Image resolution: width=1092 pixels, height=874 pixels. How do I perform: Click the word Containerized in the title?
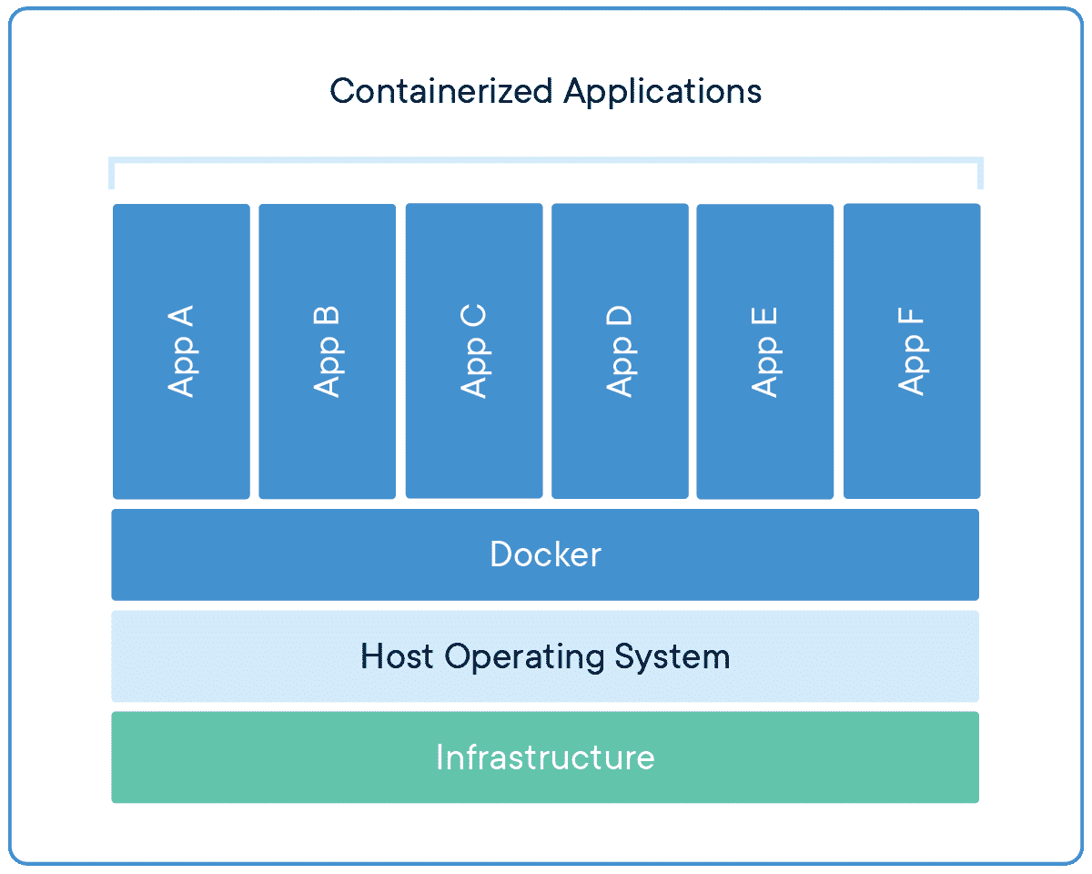(442, 91)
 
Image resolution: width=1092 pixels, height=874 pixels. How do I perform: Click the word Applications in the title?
(662, 91)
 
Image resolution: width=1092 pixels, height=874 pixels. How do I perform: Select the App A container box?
(181, 351)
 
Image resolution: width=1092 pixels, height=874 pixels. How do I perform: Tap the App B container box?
(327, 351)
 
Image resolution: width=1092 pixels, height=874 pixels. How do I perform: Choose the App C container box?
(473, 351)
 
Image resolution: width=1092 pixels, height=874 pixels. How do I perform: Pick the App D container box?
(620, 351)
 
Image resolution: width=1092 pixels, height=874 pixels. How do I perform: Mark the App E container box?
(764, 351)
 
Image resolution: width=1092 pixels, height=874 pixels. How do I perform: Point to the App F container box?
(911, 351)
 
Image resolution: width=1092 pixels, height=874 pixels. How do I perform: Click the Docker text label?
(545, 554)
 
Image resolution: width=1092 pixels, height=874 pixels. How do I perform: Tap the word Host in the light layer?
(398, 656)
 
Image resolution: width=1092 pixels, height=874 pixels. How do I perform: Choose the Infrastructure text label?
(545, 757)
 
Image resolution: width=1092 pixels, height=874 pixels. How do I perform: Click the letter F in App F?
(911, 319)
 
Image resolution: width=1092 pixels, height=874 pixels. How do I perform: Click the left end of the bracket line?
(111, 173)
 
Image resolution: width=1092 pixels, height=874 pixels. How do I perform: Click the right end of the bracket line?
(981, 173)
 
